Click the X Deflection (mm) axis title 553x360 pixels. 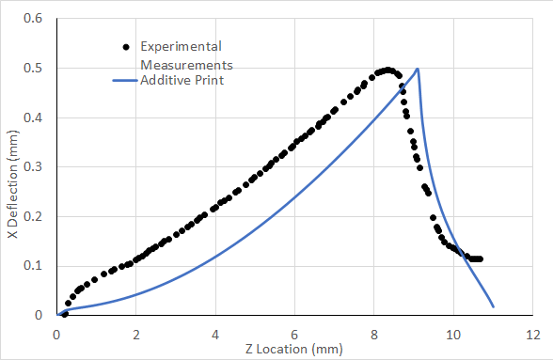pos(12,166)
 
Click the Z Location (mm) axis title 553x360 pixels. pos(296,350)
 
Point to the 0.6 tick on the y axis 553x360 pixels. pos(39,19)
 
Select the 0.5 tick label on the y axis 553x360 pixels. pos(39,69)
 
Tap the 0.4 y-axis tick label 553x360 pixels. pos(39,117)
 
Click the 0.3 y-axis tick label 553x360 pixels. pos(39,167)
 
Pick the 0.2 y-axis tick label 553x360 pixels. pos(39,216)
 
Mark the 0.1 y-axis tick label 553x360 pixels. pos(39,266)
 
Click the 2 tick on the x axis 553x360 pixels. pos(136,333)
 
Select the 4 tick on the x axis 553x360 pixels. pos(216,333)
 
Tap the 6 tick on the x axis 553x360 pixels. pos(295,333)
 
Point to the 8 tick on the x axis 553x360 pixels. pos(374,333)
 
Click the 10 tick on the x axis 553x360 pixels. pos(453,333)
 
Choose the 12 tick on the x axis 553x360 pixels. pos(533,333)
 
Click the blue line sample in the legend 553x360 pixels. pos(124,81)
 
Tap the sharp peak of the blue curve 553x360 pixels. pos(418,69)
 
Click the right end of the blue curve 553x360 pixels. pos(493,305)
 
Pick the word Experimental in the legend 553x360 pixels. pos(181,46)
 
